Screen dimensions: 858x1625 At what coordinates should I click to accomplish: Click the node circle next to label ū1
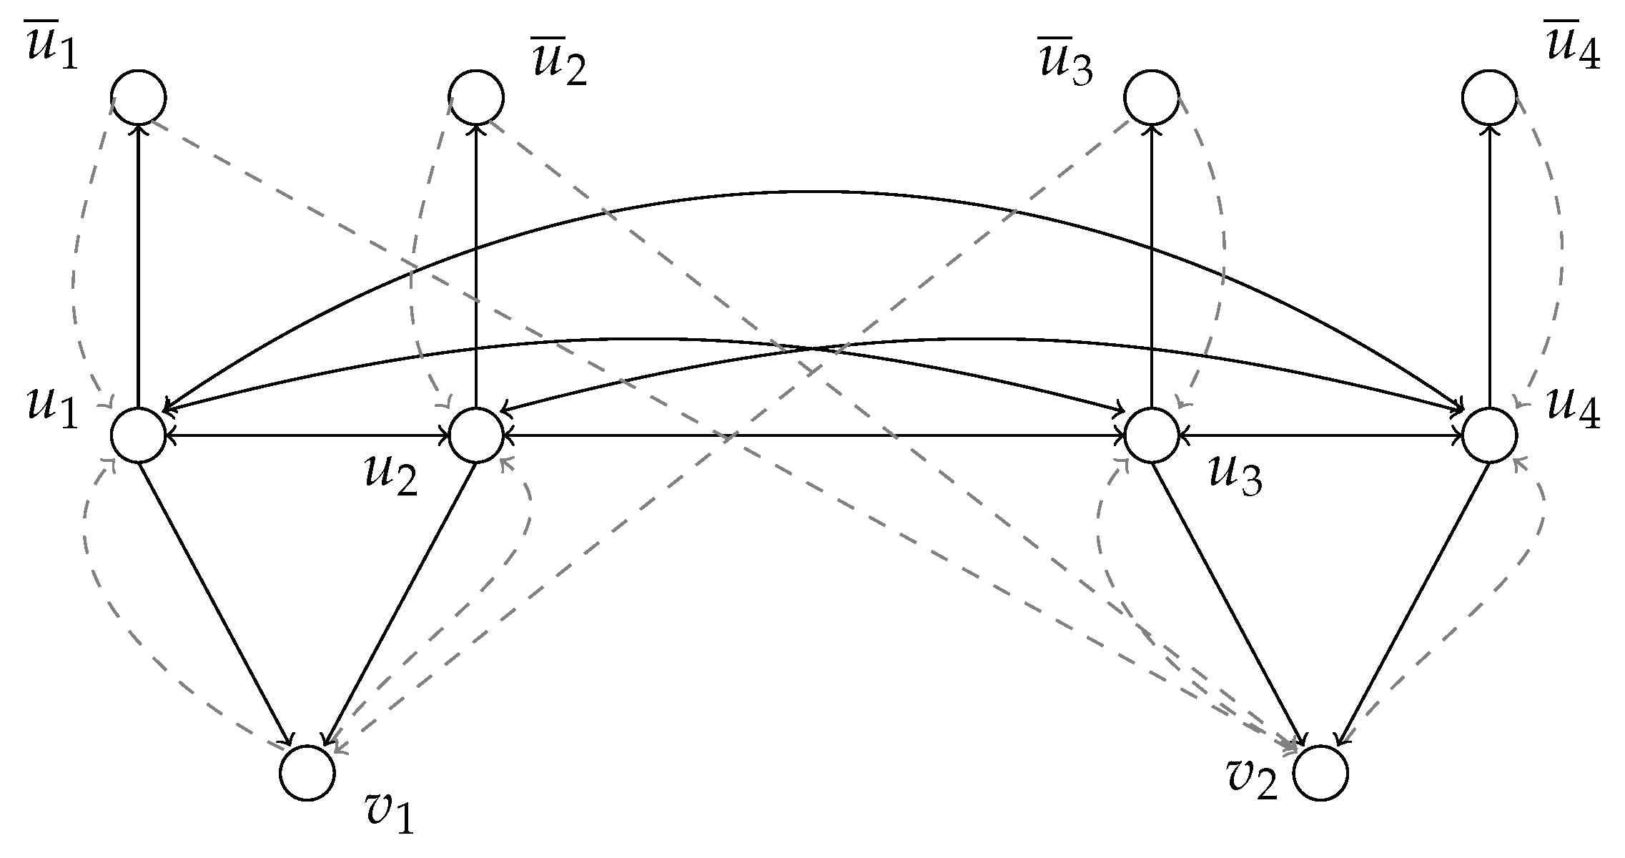(x=139, y=97)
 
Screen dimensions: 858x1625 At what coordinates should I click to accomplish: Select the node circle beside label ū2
(x=476, y=97)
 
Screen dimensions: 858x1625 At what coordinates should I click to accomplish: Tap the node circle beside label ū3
(x=1151, y=97)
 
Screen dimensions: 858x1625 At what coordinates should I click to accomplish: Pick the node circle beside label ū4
(x=1489, y=97)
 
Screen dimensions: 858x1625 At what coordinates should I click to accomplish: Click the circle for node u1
(x=139, y=435)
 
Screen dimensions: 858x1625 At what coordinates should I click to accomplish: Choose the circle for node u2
(x=476, y=435)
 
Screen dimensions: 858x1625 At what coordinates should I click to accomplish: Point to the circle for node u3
(x=1151, y=435)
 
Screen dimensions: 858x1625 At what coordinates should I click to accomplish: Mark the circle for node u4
(x=1489, y=435)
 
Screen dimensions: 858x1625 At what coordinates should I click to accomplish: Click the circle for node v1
(x=307, y=773)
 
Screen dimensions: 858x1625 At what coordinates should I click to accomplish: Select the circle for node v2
(x=1320, y=773)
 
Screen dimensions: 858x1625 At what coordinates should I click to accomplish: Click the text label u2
(x=390, y=476)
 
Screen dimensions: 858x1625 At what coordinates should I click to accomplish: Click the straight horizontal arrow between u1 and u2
(x=307, y=435)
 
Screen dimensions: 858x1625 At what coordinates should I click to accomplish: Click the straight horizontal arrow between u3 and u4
(x=1320, y=435)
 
